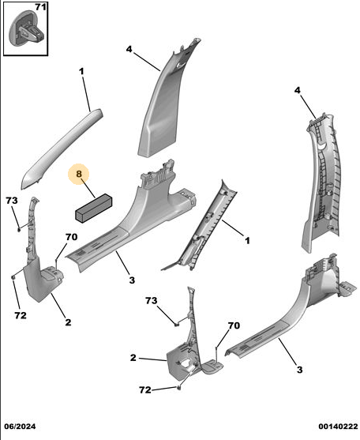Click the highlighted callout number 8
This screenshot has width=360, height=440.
tap(79, 174)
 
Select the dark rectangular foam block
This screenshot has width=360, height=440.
tap(94, 209)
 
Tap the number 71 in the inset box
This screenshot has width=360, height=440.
tap(40, 7)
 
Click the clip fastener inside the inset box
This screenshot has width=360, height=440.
tap(27, 28)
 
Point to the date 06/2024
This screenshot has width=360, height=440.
tap(20, 427)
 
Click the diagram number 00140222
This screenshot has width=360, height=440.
tap(338, 427)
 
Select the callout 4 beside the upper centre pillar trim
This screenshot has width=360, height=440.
tap(129, 50)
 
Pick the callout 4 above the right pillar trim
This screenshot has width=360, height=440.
tap(297, 90)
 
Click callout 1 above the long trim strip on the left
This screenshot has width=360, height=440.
tap(81, 72)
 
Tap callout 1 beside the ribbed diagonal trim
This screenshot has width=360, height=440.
tap(247, 240)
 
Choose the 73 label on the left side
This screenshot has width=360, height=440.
tap(12, 201)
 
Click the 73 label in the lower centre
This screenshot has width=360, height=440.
tap(151, 301)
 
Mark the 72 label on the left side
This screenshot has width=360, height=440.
tap(21, 315)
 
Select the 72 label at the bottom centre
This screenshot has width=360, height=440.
tap(145, 390)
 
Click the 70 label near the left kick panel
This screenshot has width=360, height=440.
tap(72, 237)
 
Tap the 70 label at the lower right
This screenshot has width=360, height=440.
tap(234, 325)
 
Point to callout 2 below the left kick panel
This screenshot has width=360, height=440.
tap(68, 322)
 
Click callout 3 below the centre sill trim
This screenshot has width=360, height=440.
tap(132, 280)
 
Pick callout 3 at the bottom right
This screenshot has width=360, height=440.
tap(300, 370)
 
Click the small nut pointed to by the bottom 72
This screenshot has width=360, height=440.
tap(179, 388)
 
